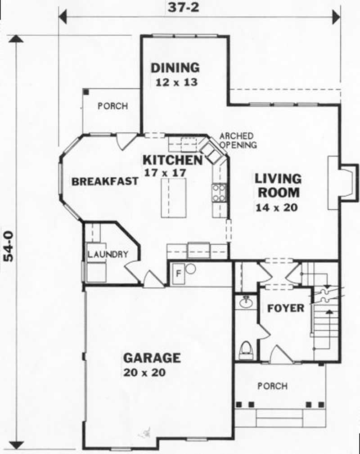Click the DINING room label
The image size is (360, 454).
175,67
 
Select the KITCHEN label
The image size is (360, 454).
172,160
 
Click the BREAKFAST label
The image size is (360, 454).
105,182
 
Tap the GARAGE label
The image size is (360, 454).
152,358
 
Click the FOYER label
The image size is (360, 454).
286,309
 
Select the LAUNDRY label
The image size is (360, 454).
108,255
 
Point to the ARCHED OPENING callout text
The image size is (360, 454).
238,140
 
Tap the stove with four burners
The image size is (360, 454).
219,192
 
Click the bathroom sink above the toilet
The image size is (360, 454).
246,303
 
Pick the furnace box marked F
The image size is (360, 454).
178,273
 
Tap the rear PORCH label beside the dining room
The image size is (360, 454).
112,107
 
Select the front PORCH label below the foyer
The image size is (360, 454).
272,386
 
